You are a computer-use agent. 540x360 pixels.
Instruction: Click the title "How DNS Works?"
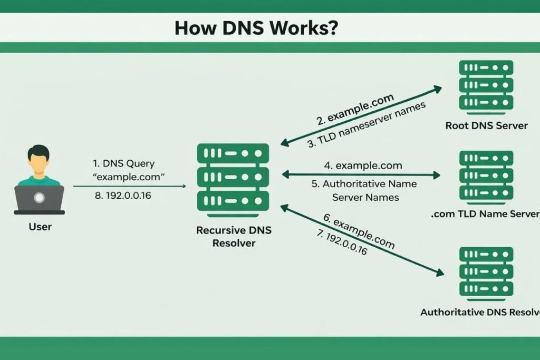click(x=257, y=28)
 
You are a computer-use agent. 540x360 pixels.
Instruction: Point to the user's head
click(x=39, y=161)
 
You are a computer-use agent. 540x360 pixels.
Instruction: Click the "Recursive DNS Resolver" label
click(x=233, y=237)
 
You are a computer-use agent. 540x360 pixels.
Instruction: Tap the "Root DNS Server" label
click(x=486, y=125)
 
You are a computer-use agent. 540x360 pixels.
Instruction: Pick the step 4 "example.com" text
click(x=362, y=166)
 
